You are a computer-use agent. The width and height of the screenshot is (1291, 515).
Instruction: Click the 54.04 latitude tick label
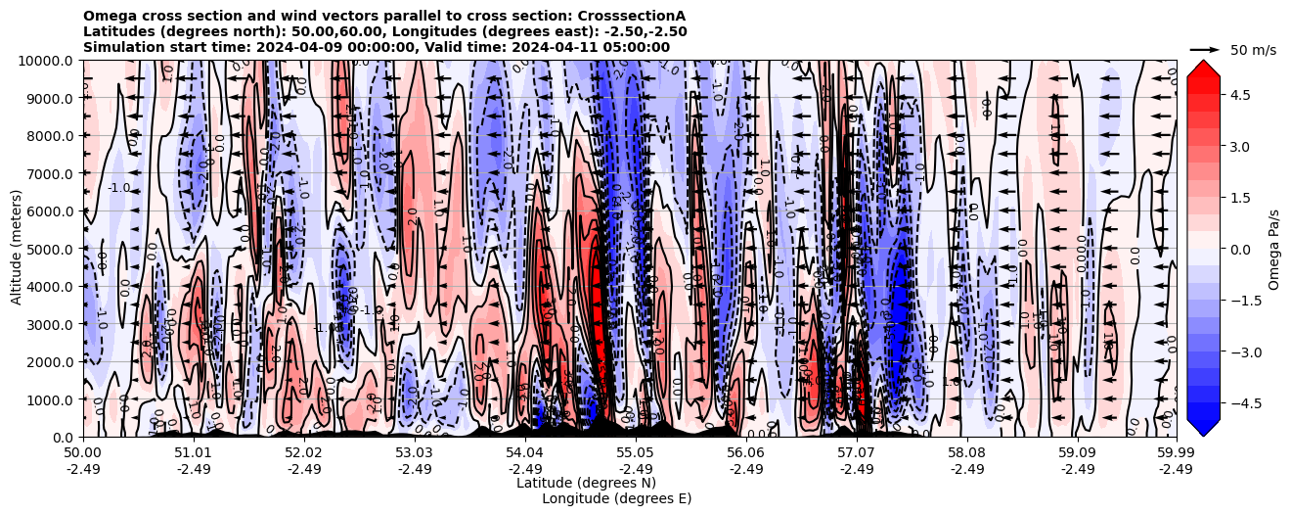pos(525,453)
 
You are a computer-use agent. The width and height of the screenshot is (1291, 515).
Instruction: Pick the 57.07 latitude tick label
pos(857,453)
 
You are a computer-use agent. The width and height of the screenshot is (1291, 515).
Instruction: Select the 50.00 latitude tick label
pos(83,453)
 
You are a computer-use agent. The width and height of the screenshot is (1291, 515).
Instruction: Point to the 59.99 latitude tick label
pos(1176,453)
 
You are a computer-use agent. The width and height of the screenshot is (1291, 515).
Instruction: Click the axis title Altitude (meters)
pos(17,249)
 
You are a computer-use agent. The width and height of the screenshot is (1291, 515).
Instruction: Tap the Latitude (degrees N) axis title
pos(586,483)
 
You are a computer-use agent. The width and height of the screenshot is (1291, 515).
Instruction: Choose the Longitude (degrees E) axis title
pos(616,498)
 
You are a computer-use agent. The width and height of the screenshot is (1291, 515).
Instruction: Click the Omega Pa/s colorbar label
pos(1273,249)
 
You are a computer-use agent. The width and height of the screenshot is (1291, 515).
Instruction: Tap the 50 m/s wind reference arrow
pos(1205,49)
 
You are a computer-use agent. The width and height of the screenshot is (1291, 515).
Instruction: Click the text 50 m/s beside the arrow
pos(1253,50)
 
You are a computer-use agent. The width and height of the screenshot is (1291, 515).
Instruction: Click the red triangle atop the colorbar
pos(1203,67)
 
